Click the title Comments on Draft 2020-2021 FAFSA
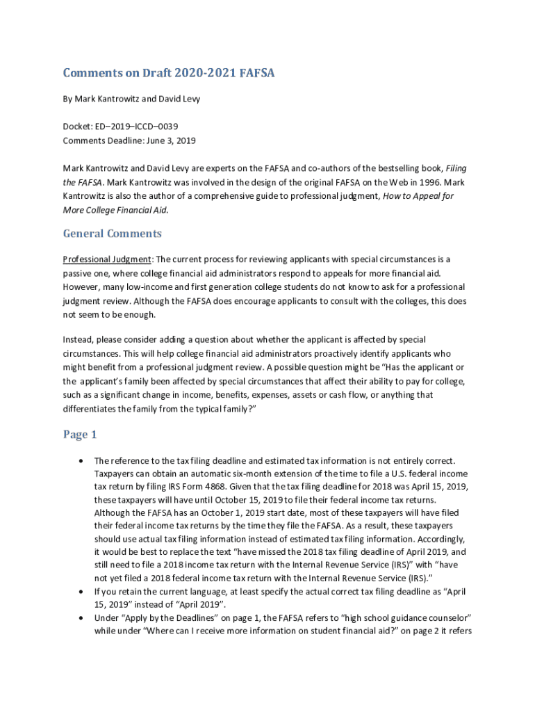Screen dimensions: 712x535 (169, 73)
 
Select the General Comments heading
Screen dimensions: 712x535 (113, 234)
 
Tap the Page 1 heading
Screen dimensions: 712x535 (80, 435)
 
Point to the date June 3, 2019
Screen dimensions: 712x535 (172, 140)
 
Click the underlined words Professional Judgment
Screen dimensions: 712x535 (107, 259)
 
